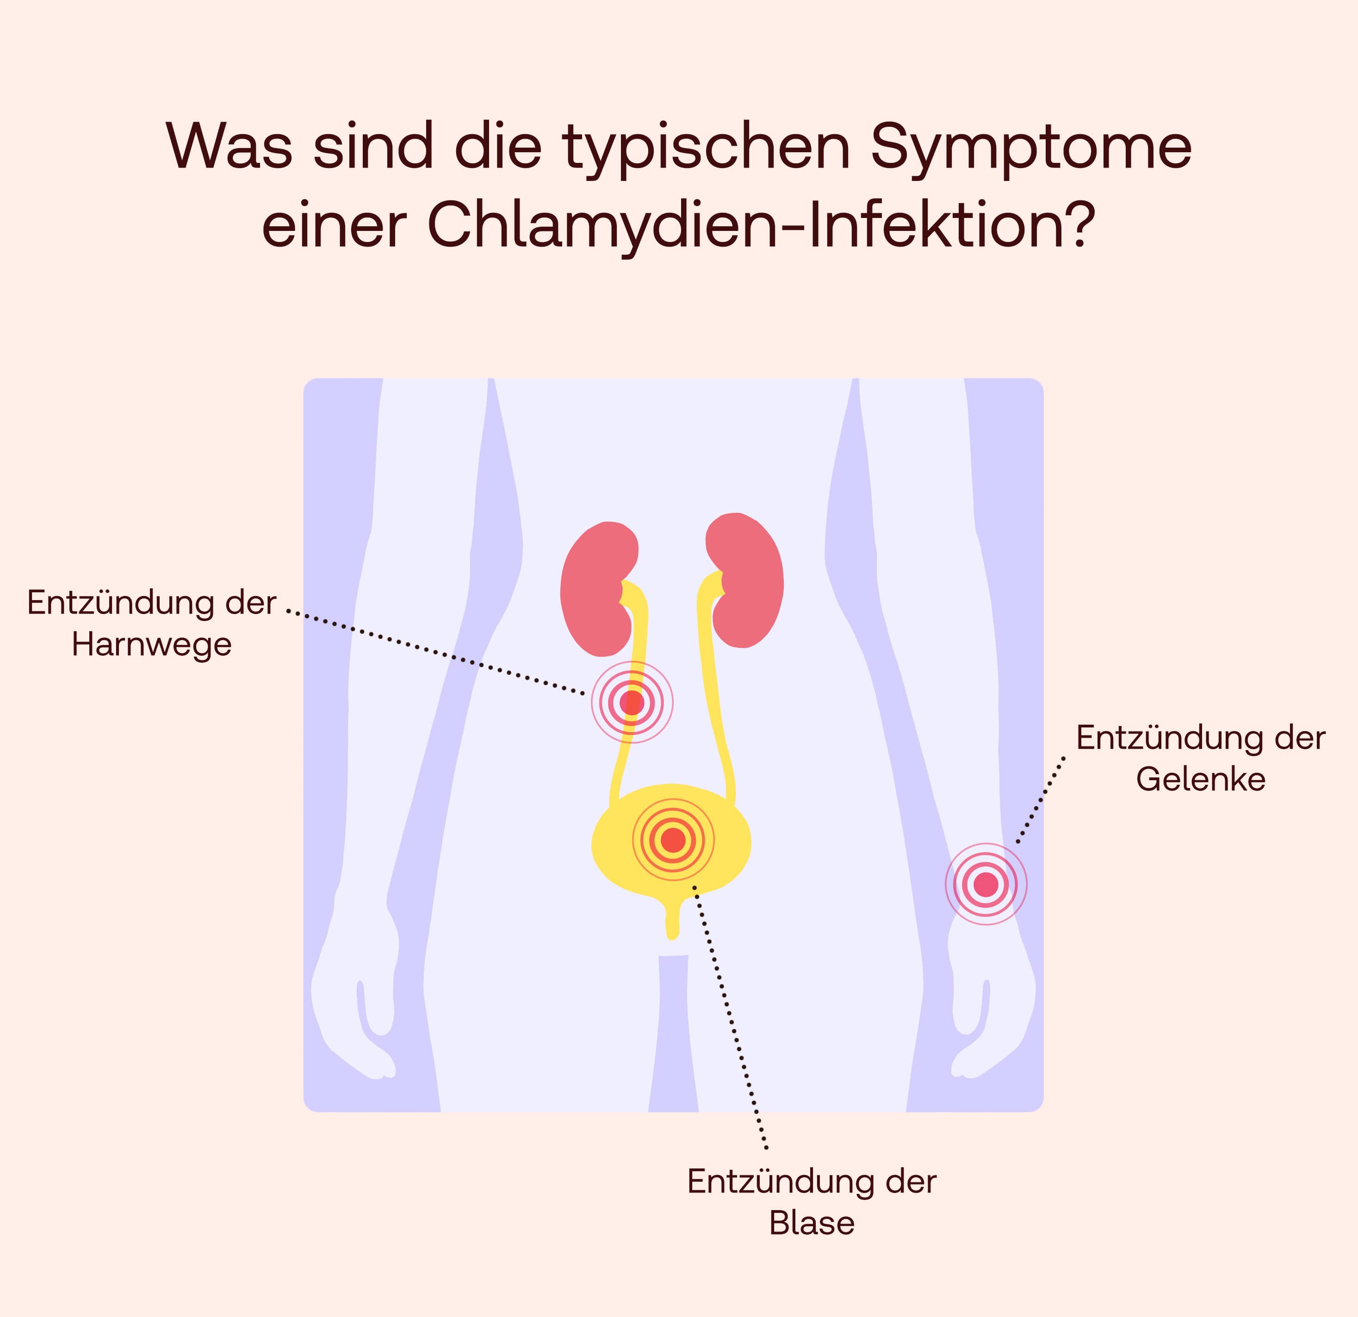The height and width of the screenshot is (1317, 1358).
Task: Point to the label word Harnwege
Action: [x=152, y=645]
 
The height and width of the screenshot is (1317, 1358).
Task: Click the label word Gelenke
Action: [x=1201, y=779]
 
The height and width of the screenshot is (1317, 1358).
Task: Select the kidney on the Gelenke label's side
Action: [x=745, y=581]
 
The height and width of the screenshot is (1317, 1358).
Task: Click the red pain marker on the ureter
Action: [x=632, y=702]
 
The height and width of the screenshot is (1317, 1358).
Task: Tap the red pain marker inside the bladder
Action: [x=673, y=840]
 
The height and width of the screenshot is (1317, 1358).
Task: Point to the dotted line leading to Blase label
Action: [x=730, y=1017]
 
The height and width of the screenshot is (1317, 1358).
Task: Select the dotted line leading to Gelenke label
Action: [x=1041, y=800]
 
